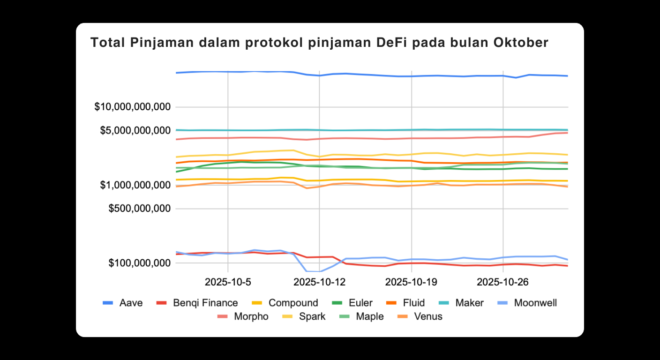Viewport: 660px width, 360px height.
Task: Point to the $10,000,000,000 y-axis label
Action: click(133, 107)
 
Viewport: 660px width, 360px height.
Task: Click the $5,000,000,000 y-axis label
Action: click(135, 130)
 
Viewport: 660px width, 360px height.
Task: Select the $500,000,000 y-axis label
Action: click(139, 209)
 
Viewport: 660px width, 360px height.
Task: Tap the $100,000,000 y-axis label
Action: click(139, 263)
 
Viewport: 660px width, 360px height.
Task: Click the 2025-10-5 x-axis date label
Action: click(228, 282)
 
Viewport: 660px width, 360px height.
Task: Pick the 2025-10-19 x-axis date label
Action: click(411, 282)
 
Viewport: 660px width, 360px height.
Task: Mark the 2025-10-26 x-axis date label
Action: click(503, 282)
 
